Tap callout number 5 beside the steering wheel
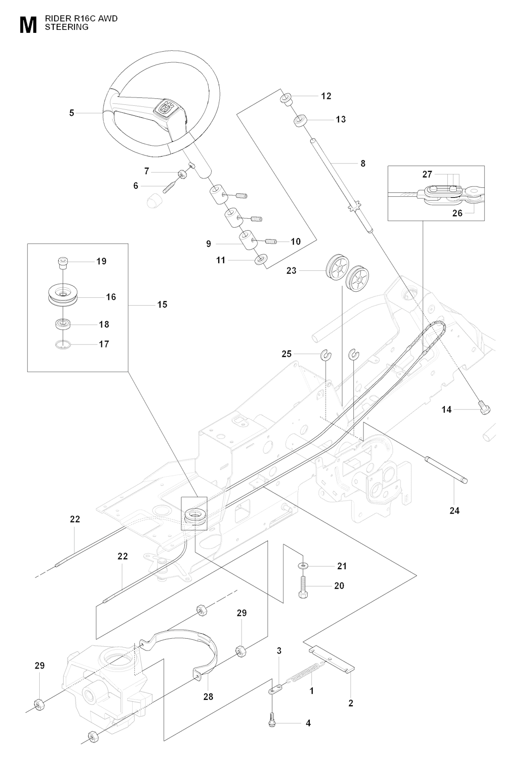pyautogui.click(x=72, y=113)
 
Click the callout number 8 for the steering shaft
pyautogui.click(x=363, y=163)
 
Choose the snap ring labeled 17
pyautogui.click(x=63, y=344)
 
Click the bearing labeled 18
pyautogui.click(x=63, y=324)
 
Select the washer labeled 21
pyautogui.click(x=303, y=566)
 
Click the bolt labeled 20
pyautogui.click(x=303, y=586)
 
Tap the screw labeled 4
pyautogui.click(x=272, y=724)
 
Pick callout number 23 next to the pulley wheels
pyautogui.click(x=291, y=270)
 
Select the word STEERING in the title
pyautogui.click(x=67, y=27)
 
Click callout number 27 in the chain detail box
pyautogui.click(x=427, y=174)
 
